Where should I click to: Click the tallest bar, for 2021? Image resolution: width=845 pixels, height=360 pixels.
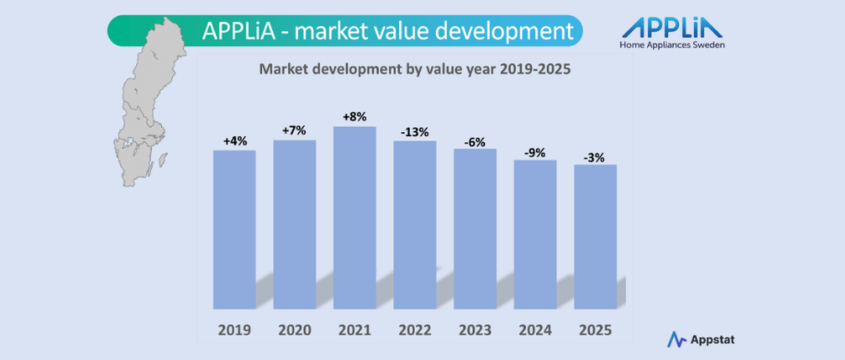pos(354,216)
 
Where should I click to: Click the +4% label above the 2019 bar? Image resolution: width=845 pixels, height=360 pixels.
pos(235,141)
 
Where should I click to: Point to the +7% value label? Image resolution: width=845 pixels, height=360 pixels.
pos(294,130)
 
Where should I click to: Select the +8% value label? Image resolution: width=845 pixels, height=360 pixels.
pos(354,117)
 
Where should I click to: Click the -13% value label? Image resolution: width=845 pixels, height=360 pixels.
pos(414,131)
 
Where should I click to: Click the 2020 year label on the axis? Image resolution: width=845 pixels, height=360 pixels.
pos(294,330)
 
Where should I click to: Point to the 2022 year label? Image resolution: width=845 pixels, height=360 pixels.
pos(414,330)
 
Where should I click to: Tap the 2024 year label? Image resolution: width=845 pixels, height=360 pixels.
pos(534,330)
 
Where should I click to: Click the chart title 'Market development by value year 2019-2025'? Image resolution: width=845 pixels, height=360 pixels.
pos(414,70)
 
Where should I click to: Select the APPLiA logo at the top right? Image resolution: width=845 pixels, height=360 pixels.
pos(672,27)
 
